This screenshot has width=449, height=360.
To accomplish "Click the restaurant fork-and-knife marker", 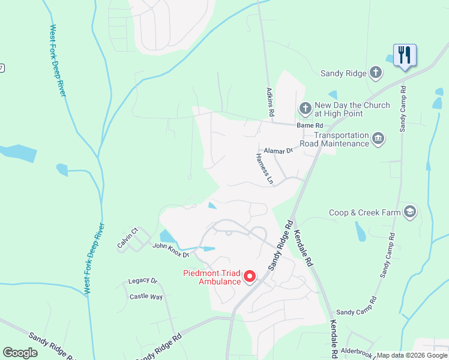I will click(x=404, y=56).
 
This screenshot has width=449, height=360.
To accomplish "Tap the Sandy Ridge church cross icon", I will click(x=376, y=73).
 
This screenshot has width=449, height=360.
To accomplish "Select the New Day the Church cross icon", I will click(x=305, y=109).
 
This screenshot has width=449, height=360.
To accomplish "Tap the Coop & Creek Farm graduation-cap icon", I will click(x=409, y=211).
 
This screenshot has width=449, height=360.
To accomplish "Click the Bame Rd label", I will click(x=310, y=125).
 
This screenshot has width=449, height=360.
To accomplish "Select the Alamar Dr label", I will click(x=278, y=151).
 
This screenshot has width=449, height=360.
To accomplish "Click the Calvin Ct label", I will click(x=128, y=238).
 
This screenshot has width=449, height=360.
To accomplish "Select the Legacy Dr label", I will click(x=143, y=281).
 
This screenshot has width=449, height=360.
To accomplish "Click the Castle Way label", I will click(x=146, y=296).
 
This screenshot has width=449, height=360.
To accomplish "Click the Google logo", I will click(x=20, y=353).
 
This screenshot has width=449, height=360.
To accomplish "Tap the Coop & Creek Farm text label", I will click(x=364, y=212).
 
